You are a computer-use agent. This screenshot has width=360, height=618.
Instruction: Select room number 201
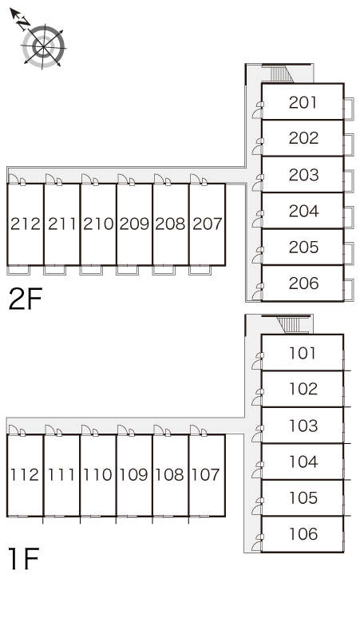click(303, 102)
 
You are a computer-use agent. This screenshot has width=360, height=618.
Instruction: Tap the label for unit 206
click(303, 283)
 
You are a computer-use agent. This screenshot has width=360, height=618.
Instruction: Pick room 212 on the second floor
click(26, 224)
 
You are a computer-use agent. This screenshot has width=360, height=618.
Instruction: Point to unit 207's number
click(208, 224)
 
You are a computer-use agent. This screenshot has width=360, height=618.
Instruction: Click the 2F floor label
click(26, 299)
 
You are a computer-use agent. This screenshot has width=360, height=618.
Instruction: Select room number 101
click(303, 353)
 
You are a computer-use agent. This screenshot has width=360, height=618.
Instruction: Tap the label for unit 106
click(303, 533)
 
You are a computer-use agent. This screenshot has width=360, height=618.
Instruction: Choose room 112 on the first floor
click(25, 474)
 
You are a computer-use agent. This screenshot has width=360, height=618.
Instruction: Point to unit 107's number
click(206, 474)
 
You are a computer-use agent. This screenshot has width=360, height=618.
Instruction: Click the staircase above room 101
click(291, 325)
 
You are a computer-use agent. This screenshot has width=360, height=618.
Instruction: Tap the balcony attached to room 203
click(349, 181)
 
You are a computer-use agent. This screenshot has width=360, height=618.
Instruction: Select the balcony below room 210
click(91, 270)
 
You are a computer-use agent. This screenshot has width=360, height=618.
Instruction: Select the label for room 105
click(303, 497)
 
